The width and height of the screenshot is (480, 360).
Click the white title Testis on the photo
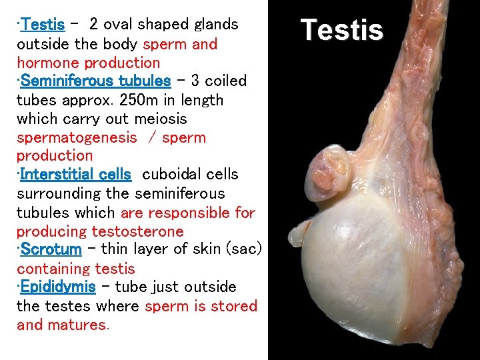(341, 30)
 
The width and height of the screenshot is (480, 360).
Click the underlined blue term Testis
(43, 25)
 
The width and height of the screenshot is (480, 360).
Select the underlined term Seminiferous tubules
(95, 81)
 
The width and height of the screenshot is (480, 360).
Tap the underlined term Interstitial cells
(75, 175)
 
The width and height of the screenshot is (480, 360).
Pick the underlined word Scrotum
(51, 250)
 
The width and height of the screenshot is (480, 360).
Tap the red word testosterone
(137, 231)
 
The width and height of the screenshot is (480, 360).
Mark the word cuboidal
(167, 175)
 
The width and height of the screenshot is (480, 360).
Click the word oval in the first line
(119, 25)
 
